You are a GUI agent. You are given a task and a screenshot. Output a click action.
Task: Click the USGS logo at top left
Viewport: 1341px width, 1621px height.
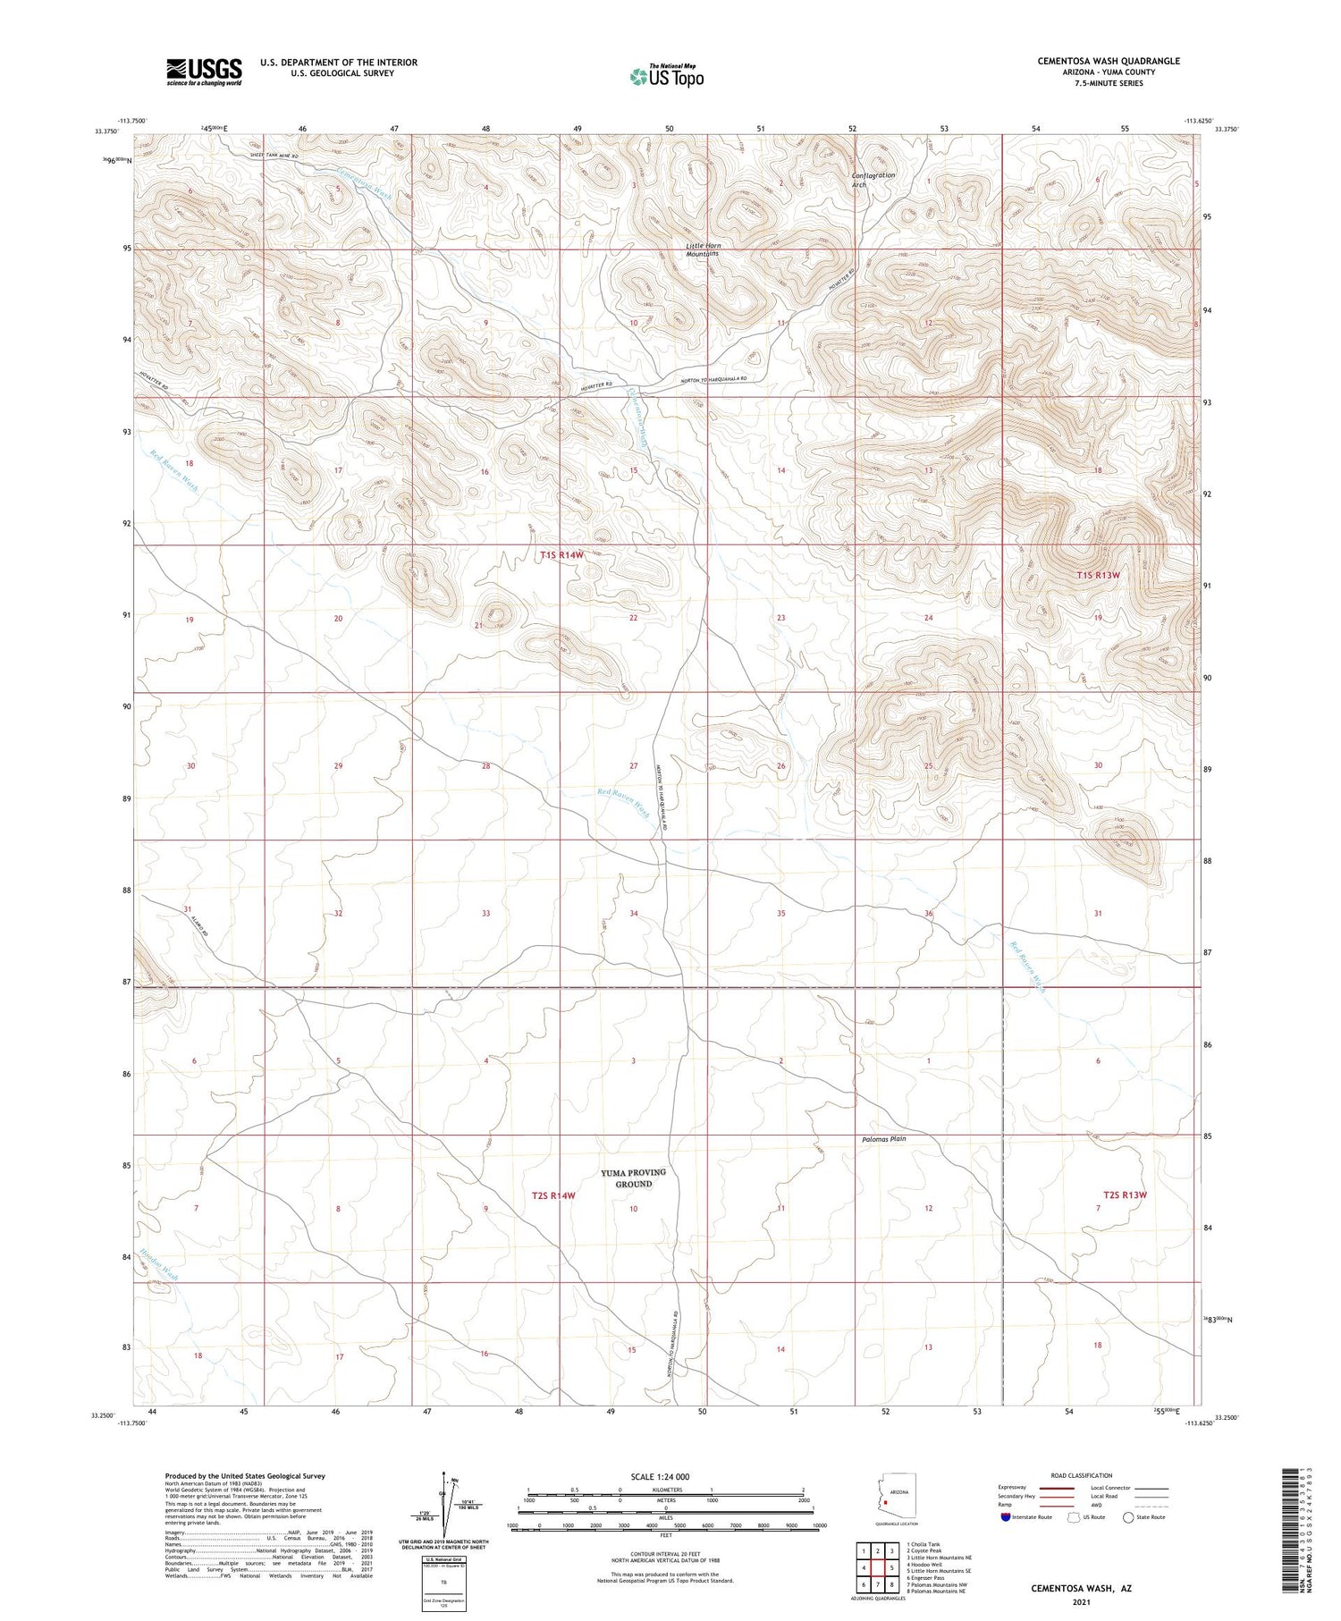coord(204,72)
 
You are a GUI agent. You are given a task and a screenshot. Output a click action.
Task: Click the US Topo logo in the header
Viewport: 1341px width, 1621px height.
coord(667,76)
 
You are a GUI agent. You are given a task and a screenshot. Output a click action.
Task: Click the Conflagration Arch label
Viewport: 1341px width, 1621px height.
coord(873,180)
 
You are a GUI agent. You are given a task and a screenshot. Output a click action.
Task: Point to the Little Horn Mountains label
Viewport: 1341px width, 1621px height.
coord(703,249)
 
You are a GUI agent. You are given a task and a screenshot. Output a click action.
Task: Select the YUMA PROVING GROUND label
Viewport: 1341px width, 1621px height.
coord(633,1178)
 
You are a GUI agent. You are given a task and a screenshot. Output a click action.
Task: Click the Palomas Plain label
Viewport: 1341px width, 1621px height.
coord(884,1139)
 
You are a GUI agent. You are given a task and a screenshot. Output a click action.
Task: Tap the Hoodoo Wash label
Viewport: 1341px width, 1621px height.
coord(159,1264)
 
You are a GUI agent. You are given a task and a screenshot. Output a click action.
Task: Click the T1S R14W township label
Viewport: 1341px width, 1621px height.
coord(561,555)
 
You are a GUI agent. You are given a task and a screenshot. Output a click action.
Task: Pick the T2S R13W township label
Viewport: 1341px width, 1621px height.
coord(1124,1195)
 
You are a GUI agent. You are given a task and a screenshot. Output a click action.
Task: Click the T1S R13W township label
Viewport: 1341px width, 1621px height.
coord(1097,575)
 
